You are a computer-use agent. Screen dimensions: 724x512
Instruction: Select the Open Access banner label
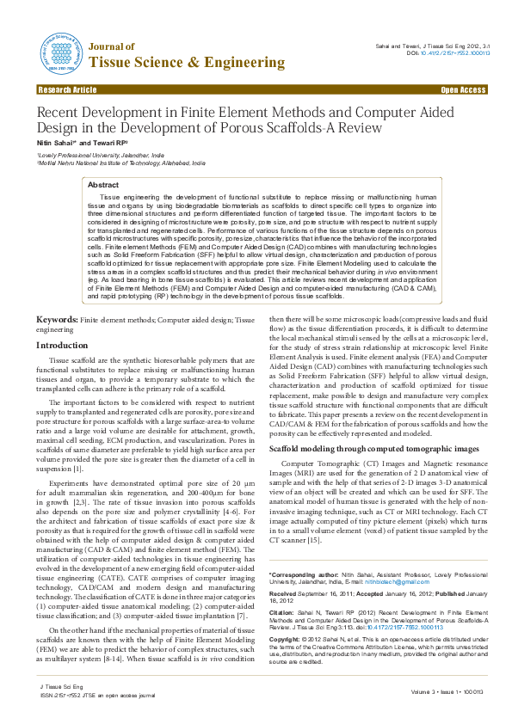[x=463, y=89]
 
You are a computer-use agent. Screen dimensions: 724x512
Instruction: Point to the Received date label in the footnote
[x=284, y=593]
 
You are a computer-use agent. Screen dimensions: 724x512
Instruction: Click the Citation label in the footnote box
[x=284, y=613]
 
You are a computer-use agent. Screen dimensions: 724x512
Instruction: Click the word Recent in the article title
[x=60, y=113]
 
